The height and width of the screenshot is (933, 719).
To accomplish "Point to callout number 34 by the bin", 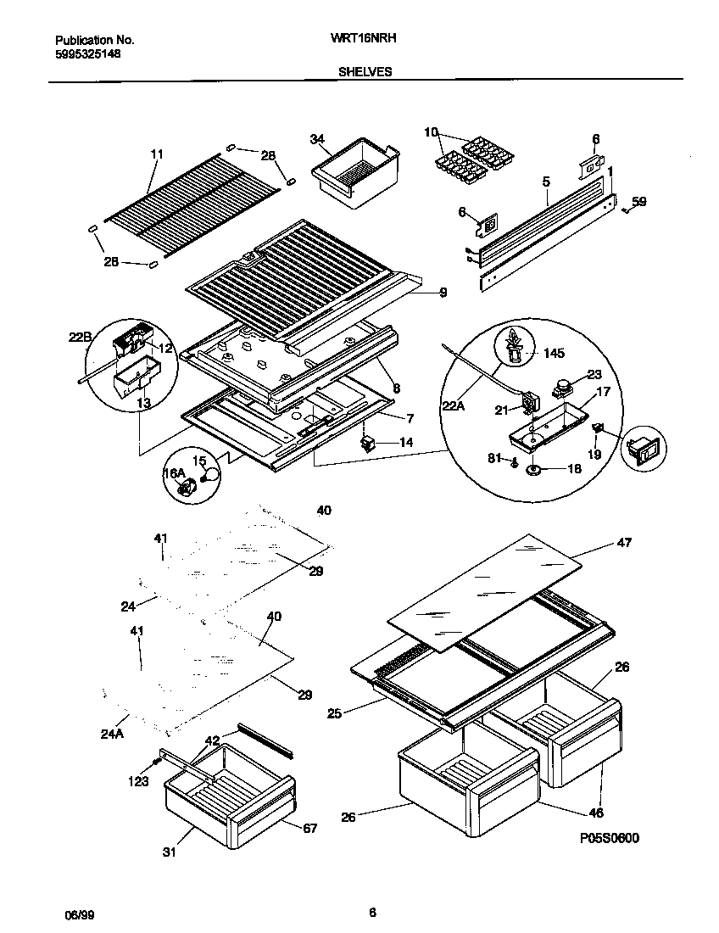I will pyautogui.click(x=317, y=138).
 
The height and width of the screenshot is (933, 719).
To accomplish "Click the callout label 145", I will pyautogui.click(x=554, y=352).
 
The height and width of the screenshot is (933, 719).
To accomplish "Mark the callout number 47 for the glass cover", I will pyautogui.click(x=623, y=542).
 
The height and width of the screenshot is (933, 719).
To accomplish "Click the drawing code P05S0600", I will pyautogui.click(x=609, y=838).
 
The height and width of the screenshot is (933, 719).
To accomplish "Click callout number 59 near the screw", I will pyautogui.click(x=639, y=201).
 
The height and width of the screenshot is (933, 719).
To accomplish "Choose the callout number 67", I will pyautogui.click(x=309, y=828).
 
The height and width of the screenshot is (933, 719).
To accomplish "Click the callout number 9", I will pyautogui.click(x=443, y=293).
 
